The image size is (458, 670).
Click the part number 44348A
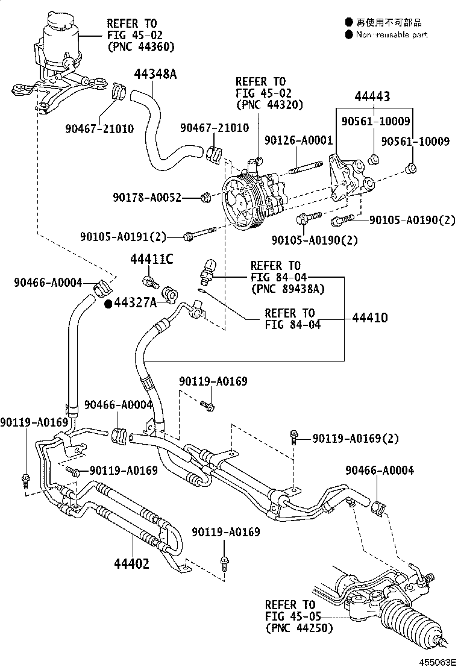(155, 74)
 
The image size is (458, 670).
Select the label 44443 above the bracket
(372, 96)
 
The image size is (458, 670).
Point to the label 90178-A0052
(146, 197)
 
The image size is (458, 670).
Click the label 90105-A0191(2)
(123, 236)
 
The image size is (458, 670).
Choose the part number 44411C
(152, 259)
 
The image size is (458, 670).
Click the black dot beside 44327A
(108, 304)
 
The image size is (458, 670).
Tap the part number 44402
(131, 564)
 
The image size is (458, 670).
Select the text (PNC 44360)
(140, 46)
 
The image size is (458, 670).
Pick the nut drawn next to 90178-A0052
(205, 197)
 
